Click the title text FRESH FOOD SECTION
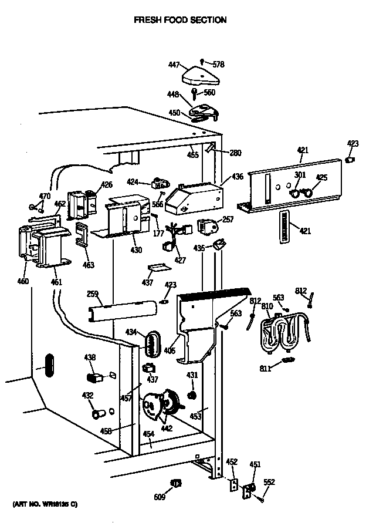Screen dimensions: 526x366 pos(180,20)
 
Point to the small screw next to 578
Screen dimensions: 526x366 pos(202,60)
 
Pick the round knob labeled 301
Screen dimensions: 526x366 pos(297,192)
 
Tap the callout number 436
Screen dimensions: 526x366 pos(237,176)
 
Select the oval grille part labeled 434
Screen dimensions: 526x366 pos(153,343)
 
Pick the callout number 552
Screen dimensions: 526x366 pos(269,482)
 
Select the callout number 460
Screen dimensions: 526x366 pos(22,281)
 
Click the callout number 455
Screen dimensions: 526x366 pos(192,155)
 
